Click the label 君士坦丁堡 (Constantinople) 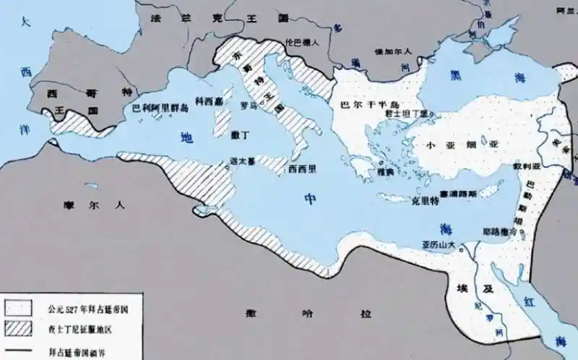point(409,113)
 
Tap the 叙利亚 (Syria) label point(527,166)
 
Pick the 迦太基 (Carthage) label point(240,161)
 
